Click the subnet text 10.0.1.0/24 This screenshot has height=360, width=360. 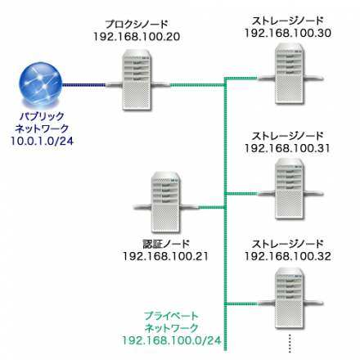click(x=41, y=141)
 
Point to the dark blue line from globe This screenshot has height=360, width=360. click(x=90, y=83)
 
